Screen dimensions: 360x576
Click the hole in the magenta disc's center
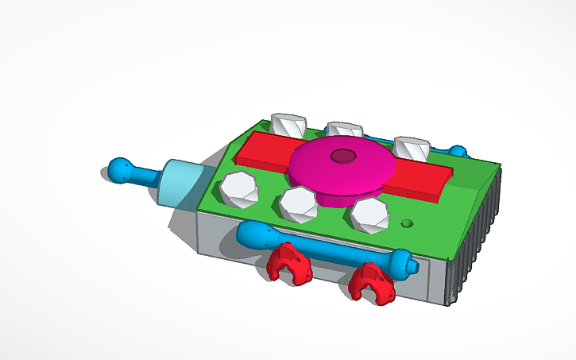pyautogui.click(x=344, y=156)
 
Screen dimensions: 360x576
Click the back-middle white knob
pyautogui.click(x=345, y=130)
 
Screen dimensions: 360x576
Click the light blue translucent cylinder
pyautogui.click(x=184, y=184)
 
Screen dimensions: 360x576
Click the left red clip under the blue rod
pyautogui.click(x=288, y=264)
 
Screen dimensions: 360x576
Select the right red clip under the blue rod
pyautogui.click(x=372, y=283)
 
